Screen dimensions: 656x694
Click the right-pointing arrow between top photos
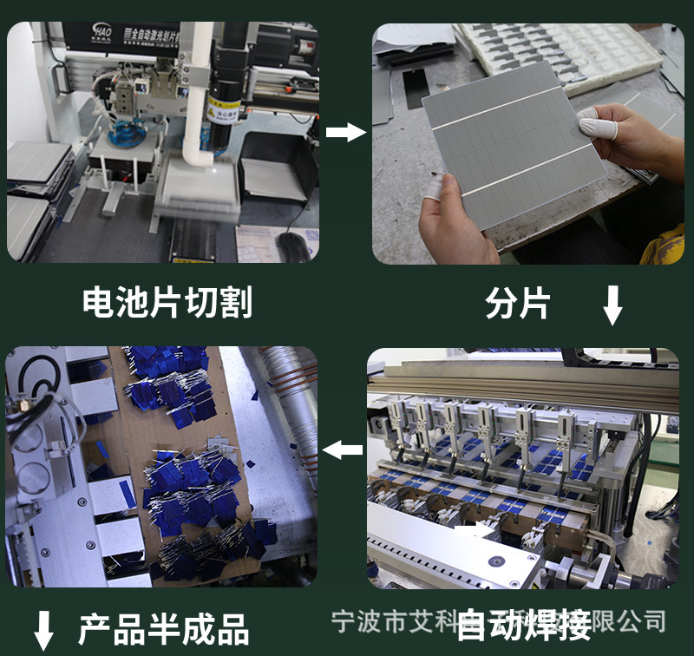pyautogui.click(x=346, y=132)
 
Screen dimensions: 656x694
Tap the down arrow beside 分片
pyautogui.click(x=612, y=305)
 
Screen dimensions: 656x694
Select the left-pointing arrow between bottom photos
pyautogui.click(x=343, y=449)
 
